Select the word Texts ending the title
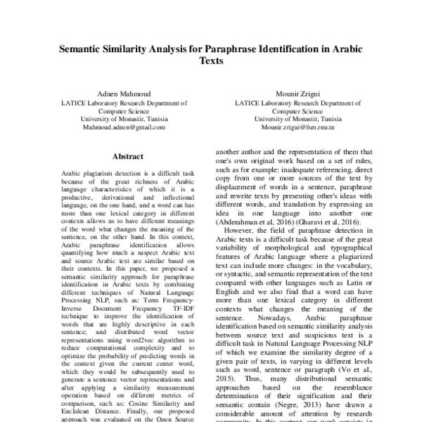[x=210, y=61]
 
